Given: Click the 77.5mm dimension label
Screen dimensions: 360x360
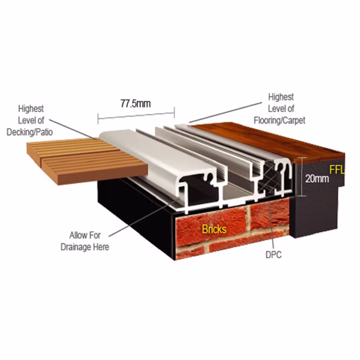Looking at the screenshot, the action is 136,104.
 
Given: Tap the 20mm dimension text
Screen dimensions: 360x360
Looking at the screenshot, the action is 317,179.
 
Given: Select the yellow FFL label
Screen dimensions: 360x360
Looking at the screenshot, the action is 337,170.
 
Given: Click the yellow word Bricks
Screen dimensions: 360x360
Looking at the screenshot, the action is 214,229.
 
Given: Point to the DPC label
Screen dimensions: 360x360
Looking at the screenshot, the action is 274,255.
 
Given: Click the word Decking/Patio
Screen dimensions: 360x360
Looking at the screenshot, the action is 29,132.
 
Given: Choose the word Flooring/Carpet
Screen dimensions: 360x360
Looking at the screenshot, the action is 280,121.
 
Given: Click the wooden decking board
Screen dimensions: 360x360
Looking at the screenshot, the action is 87,161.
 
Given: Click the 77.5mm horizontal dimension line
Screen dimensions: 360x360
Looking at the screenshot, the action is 136,115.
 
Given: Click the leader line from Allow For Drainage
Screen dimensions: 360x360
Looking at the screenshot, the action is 143,218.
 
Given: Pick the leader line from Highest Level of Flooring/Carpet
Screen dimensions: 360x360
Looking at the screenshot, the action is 226,113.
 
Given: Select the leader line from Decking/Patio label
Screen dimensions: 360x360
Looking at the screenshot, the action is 73,129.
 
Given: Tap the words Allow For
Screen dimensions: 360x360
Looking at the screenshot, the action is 85,235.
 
